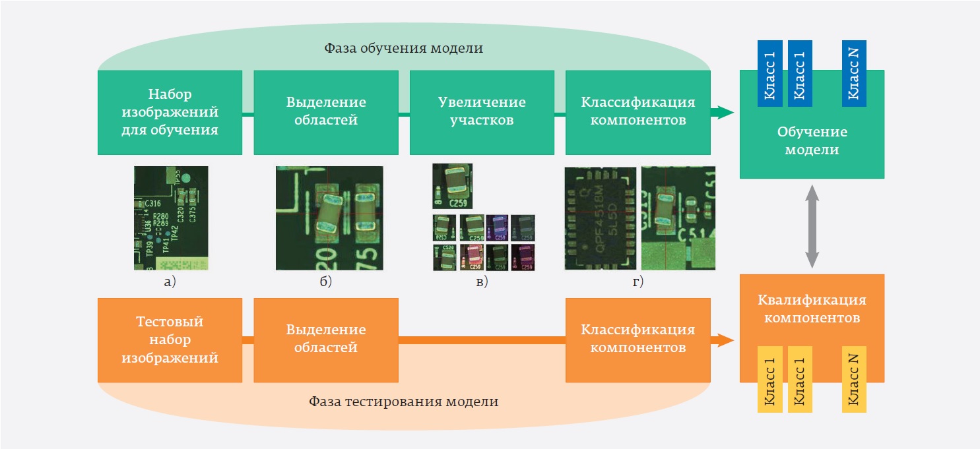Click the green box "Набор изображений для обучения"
click(170, 112)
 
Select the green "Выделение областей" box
click(326, 112)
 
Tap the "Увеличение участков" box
click(482, 112)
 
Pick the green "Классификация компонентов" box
click(638, 112)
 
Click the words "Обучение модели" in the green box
click(812, 141)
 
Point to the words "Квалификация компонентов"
click(812, 309)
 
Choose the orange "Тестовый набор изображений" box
click(170, 340)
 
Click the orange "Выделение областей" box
click(326, 340)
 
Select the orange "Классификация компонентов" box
click(638, 340)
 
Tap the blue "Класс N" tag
click(854, 73)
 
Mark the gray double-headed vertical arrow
click(812, 226)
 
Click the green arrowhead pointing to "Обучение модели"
click(724, 113)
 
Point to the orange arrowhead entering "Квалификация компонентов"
click(724, 340)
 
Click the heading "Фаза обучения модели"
click(404, 49)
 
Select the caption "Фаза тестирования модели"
click(404, 401)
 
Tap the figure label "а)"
click(170, 282)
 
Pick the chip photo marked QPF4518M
click(601, 218)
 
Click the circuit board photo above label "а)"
click(170, 218)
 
